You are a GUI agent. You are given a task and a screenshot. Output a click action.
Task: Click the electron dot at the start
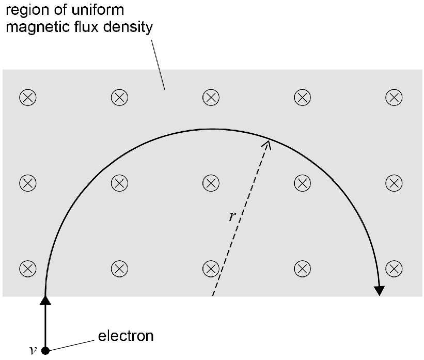(x=45, y=351)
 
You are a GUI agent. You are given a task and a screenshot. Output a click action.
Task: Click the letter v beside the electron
(x=33, y=350)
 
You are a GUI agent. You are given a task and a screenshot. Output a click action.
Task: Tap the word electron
(x=125, y=336)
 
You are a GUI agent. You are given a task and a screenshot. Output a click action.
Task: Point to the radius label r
(x=232, y=216)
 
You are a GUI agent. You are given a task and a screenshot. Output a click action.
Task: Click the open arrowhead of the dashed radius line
(x=267, y=145)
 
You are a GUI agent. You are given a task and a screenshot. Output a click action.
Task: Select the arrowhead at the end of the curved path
(x=380, y=291)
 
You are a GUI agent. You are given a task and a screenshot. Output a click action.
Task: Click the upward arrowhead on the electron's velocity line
(x=45, y=300)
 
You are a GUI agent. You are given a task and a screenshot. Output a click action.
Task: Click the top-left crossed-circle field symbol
(x=28, y=98)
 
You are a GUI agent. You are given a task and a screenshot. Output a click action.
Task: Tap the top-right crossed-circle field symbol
(x=394, y=98)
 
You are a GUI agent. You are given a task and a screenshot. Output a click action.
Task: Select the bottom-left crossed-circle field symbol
(x=28, y=269)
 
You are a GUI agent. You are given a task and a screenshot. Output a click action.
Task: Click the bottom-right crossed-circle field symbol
(x=394, y=269)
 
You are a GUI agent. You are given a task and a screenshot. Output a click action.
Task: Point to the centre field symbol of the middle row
(x=211, y=183)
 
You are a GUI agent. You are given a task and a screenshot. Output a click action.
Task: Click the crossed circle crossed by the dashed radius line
(x=211, y=269)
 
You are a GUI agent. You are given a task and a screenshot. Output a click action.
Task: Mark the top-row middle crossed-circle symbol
(x=211, y=98)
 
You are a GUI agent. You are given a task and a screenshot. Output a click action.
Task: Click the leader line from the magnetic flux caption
(x=158, y=65)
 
